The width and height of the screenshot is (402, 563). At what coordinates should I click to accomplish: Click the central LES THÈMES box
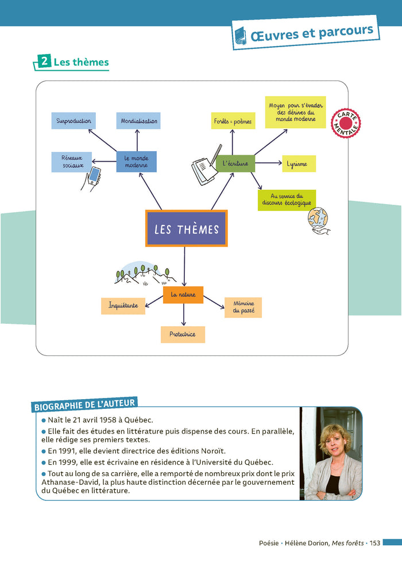tap(187, 228)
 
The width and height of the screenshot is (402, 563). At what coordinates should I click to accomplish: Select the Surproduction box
tap(74, 121)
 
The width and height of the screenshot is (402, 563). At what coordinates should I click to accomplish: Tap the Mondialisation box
tap(138, 121)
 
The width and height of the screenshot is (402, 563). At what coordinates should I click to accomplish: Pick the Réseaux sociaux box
tap(72, 162)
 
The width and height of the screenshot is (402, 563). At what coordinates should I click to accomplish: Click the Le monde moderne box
tap(136, 162)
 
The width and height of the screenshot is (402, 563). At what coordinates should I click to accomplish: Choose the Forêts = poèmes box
tap(233, 121)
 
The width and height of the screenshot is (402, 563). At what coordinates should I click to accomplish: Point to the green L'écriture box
tap(235, 163)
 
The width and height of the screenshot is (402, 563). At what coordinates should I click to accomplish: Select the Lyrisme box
tap(299, 164)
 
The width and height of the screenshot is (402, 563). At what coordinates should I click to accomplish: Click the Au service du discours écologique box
tap(287, 200)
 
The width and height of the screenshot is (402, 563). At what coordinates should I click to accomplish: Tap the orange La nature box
tap(183, 295)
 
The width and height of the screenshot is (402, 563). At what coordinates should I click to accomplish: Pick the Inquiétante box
tap(123, 306)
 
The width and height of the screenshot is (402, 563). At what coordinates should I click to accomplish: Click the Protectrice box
tap(183, 334)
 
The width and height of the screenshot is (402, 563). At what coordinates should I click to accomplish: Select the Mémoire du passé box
tap(243, 307)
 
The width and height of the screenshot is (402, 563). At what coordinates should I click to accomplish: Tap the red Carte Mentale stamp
tap(346, 124)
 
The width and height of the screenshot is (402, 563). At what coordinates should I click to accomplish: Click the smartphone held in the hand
tap(95, 175)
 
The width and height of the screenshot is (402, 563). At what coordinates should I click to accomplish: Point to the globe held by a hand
tap(318, 218)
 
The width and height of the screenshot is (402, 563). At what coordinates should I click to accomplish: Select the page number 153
tap(375, 543)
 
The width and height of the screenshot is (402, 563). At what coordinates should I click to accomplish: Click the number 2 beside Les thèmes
tap(44, 61)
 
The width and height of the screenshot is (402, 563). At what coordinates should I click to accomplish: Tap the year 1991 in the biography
tap(66, 451)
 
